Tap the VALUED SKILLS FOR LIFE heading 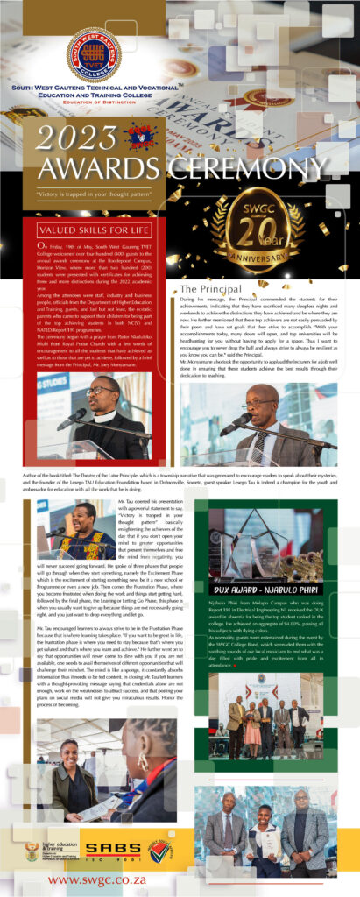pos(93,230)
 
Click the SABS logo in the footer pos(110,847)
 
